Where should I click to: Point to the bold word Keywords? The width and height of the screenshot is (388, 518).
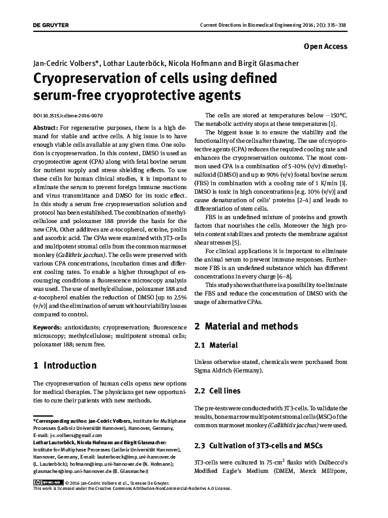(x=46, y=326)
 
